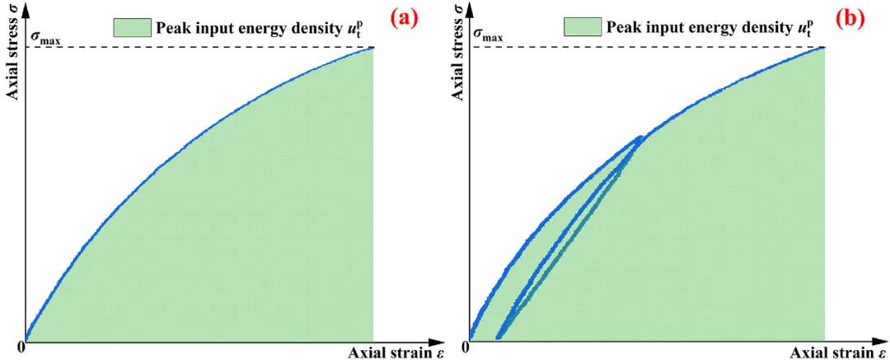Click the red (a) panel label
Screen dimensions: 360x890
[x=402, y=18]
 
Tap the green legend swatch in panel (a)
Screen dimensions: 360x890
[x=131, y=28]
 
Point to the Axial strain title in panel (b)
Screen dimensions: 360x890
[x=831, y=353]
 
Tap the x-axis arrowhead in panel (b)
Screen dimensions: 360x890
[x=875, y=339]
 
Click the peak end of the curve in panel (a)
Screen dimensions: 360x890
[x=372, y=48]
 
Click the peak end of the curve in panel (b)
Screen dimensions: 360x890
[x=824, y=48]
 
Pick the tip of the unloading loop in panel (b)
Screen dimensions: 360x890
[x=641, y=138]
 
